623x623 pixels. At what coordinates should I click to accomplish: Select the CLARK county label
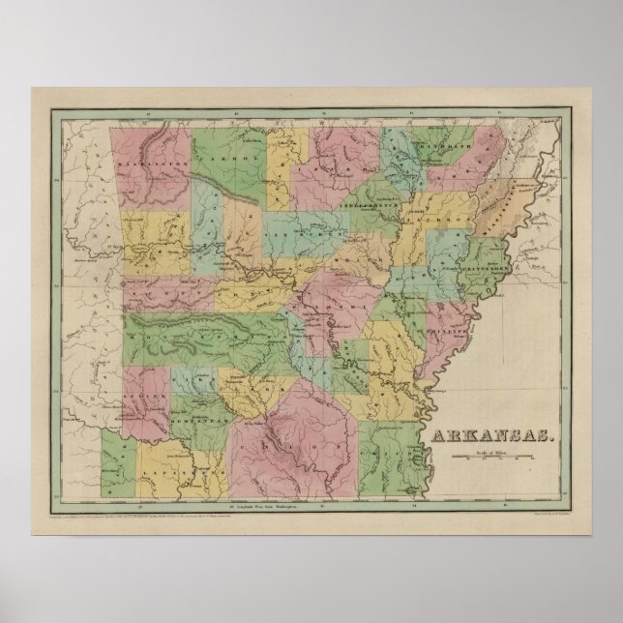247,387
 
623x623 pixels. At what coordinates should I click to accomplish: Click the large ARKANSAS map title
492,435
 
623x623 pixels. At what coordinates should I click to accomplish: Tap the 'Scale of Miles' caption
492,451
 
